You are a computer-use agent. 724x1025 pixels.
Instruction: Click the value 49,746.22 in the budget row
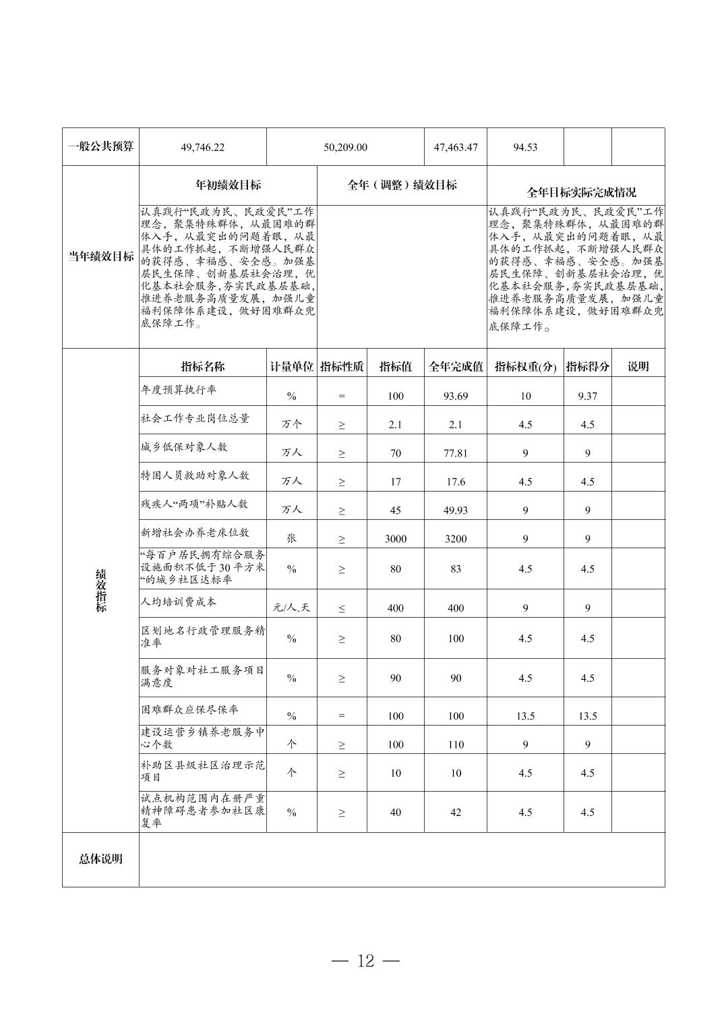(x=203, y=147)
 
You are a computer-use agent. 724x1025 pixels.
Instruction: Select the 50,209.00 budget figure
(x=345, y=147)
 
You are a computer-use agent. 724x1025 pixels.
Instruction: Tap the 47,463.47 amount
(x=456, y=147)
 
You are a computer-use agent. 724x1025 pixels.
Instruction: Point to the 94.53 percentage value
(x=525, y=147)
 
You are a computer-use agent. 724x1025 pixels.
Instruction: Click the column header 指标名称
(x=203, y=367)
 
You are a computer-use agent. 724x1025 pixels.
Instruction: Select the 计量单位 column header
(x=292, y=367)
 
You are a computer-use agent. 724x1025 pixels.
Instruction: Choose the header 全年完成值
(x=456, y=367)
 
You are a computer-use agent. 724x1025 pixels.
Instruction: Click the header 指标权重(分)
(x=525, y=367)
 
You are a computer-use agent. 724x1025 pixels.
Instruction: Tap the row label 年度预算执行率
(x=179, y=390)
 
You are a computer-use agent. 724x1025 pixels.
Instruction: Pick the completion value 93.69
(x=456, y=396)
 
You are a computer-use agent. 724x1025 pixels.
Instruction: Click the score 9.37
(x=587, y=396)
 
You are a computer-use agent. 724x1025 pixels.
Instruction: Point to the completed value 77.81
(x=456, y=453)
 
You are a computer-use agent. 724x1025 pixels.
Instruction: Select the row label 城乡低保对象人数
(x=184, y=447)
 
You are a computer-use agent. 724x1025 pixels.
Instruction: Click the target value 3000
(x=396, y=539)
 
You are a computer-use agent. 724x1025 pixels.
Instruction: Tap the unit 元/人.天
(x=292, y=608)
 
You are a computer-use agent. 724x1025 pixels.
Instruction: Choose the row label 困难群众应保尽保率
(x=189, y=710)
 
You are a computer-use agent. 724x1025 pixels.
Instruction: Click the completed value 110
(x=456, y=744)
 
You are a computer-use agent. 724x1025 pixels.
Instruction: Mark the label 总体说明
(x=100, y=859)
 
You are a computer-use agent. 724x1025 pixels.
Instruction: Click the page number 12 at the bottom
(x=366, y=961)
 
